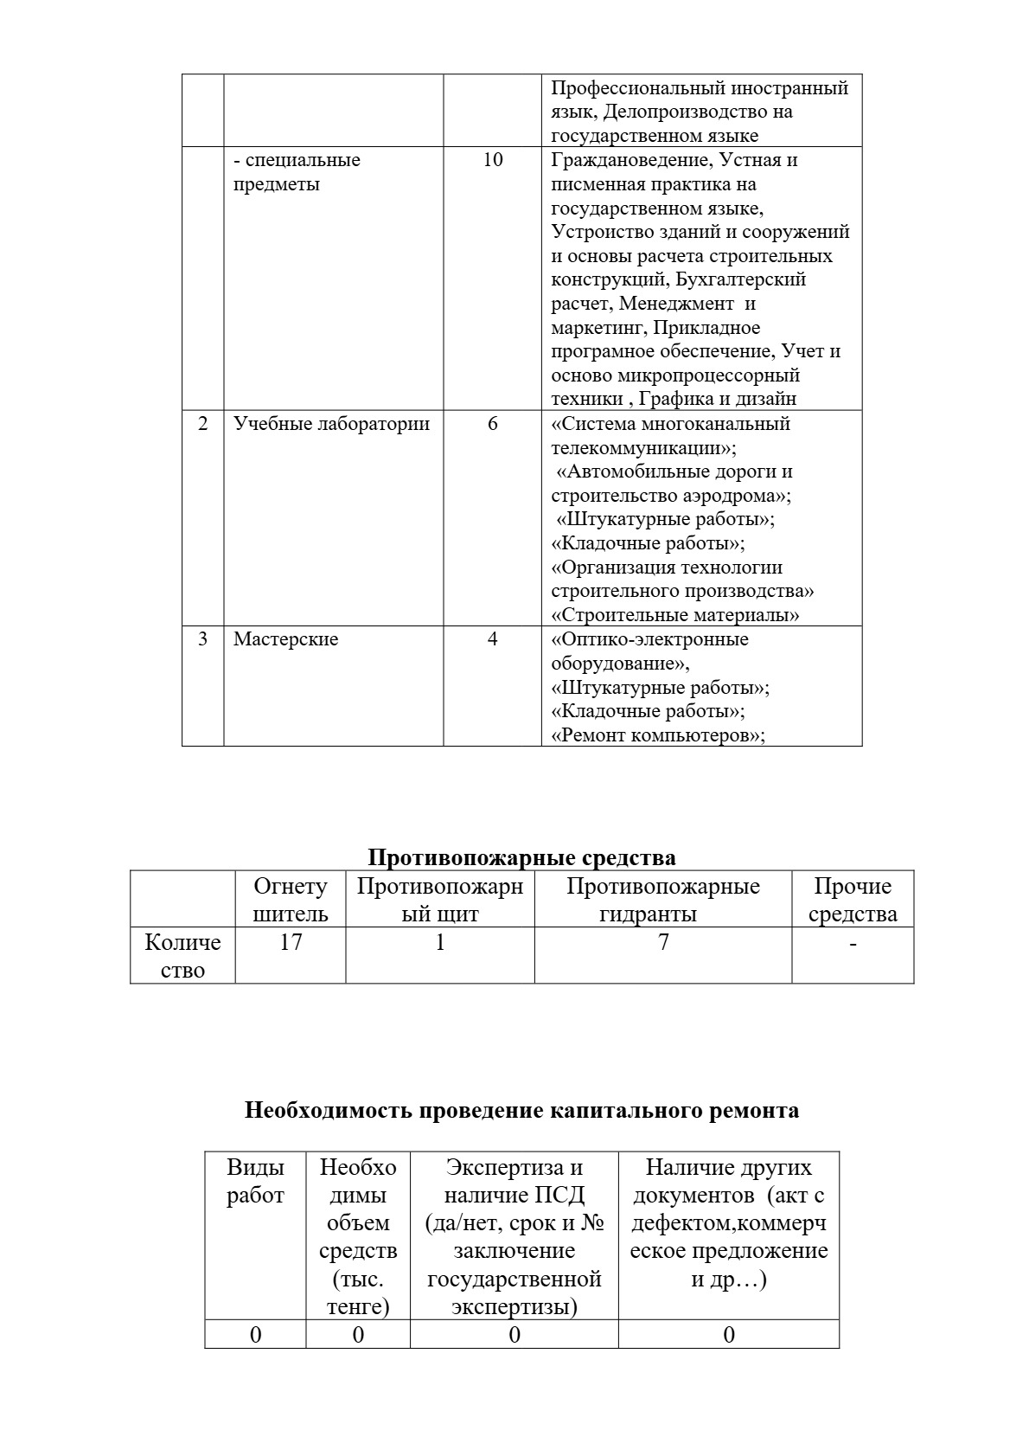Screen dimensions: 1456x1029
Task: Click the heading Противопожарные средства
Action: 521,857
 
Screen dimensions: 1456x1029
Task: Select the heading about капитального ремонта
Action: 521,1110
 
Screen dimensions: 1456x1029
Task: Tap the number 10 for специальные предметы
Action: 493,160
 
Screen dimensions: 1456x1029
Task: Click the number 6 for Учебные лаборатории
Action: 493,424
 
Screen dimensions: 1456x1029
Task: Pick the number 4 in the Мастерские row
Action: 493,639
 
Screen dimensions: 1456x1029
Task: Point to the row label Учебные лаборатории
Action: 331,424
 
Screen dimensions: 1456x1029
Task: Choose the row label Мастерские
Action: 285,639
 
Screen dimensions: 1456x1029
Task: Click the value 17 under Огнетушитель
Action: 291,941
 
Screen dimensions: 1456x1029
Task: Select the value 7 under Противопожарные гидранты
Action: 663,941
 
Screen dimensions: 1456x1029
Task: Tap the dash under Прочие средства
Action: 853,943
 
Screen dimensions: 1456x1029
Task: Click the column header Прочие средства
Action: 853,900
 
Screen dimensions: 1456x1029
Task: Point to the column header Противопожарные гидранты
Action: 663,900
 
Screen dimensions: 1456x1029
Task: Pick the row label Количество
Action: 182,955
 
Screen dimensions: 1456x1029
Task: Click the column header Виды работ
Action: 255,1181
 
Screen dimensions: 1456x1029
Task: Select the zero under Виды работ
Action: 255,1335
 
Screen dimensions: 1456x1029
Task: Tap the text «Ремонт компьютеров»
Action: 658,735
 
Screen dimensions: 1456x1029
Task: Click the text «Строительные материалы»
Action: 675,615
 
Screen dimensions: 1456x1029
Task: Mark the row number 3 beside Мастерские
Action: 203,639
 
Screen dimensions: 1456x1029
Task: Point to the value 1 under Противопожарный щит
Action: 440,941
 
